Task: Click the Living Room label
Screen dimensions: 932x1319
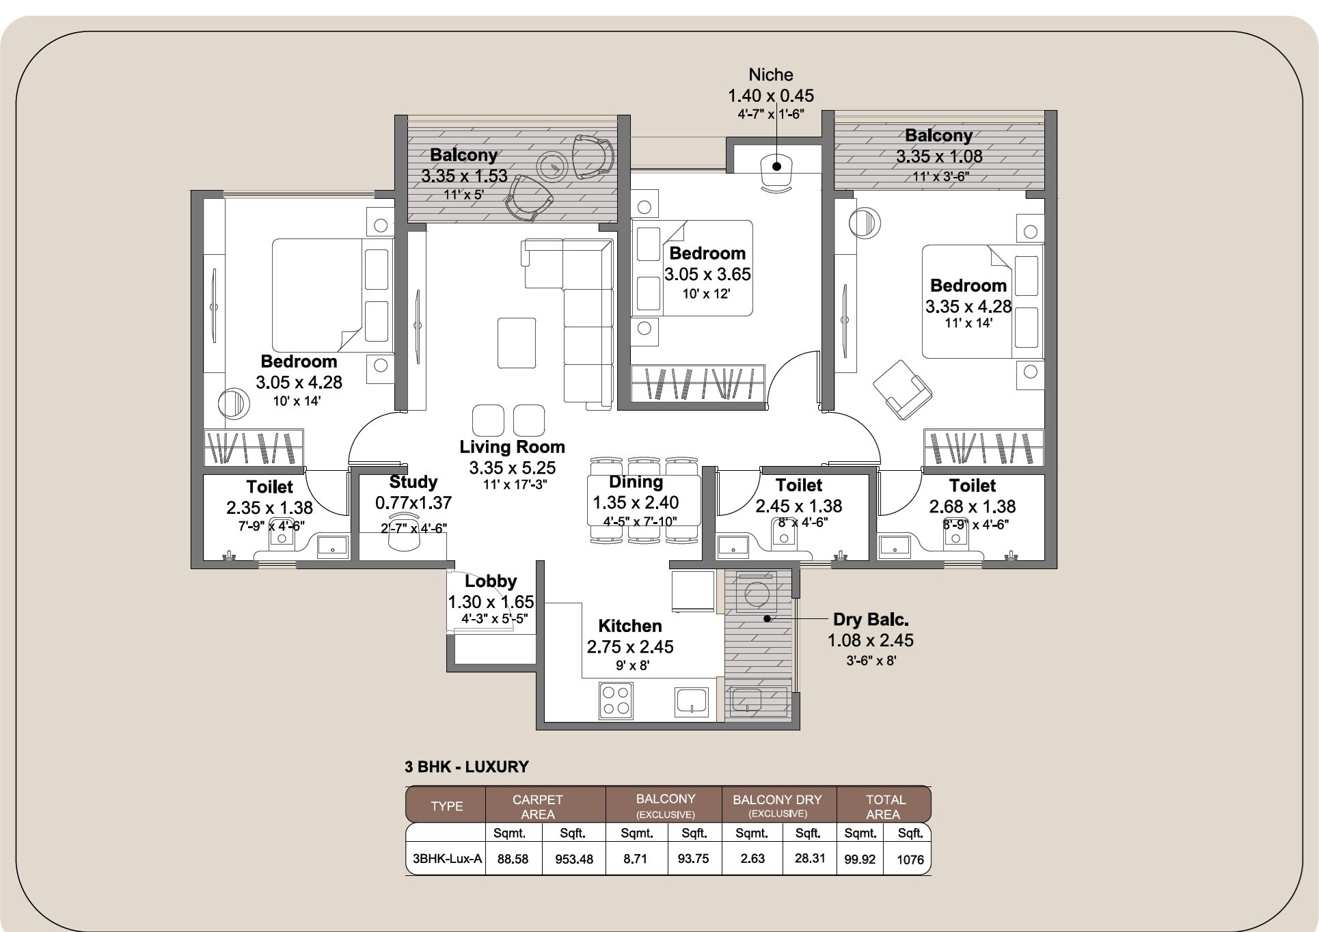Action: point(512,447)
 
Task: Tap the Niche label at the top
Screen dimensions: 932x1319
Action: point(770,74)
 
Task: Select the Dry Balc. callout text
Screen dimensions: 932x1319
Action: point(870,620)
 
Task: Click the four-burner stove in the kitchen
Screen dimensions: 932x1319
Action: point(615,701)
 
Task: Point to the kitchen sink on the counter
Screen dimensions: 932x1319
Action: point(692,702)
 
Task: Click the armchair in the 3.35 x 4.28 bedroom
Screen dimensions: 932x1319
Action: point(901,390)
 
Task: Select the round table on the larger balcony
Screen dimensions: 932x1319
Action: point(552,166)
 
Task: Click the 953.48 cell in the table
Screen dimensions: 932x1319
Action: point(573,859)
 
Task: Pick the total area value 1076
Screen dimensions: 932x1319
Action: point(910,860)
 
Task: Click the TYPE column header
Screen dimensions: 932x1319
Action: point(446,806)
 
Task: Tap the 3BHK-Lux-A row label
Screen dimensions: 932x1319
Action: point(447,859)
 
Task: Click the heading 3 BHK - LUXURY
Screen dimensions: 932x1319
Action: point(467,767)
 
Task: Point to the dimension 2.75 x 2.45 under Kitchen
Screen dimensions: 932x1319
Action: point(629,646)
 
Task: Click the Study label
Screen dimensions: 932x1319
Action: point(413,482)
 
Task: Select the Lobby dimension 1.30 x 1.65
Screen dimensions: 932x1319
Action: point(490,602)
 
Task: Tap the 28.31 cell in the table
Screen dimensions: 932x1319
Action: point(809,858)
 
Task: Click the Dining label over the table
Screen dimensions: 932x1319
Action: point(636,482)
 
